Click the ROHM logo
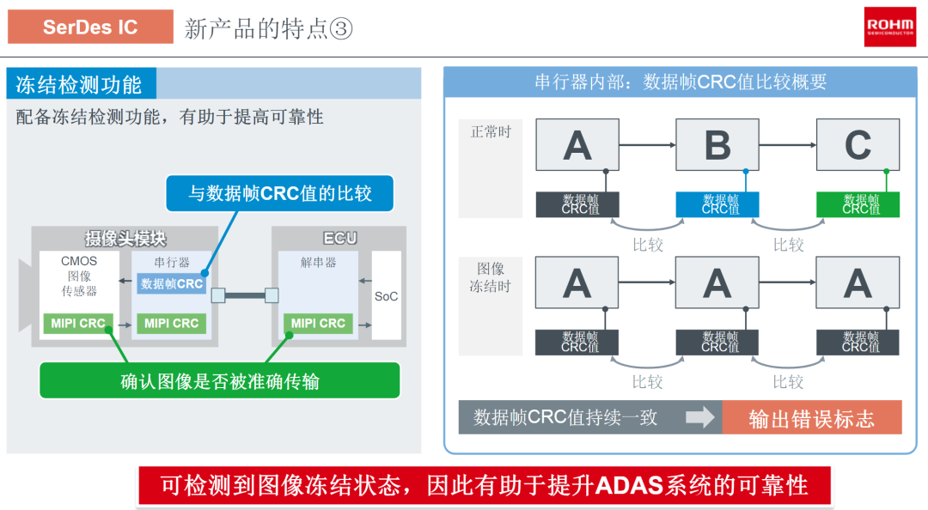pos(889,27)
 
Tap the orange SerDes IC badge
pos(90,27)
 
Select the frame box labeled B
pos(717,144)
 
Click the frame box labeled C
pos(858,144)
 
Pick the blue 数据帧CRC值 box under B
pos(717,204)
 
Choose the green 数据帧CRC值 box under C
pos(858,204)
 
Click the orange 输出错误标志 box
pos(811,418)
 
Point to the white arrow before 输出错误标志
pos(700,417)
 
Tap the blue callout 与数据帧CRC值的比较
pos(279,193)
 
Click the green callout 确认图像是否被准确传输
pos(220,380)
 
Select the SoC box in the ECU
pos(387,296)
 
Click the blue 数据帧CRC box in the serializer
pos(172,284)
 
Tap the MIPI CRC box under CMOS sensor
pos(77,324)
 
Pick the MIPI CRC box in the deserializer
pos(318,324)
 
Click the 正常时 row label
pos(491,132)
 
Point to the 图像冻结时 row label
pos(491,277)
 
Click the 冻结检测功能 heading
pos(79,85)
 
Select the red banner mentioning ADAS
pos(484,486)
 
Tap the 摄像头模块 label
pos(125,239)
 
